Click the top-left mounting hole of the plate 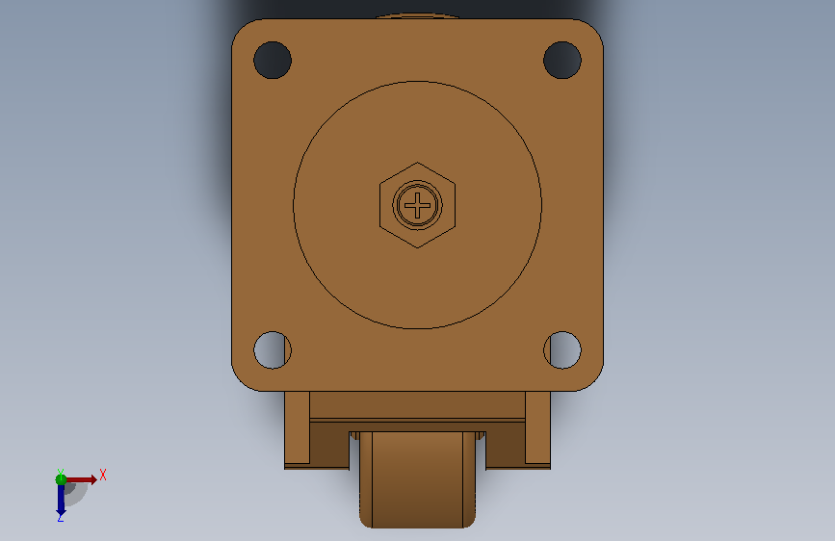273,61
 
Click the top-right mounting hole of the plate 562,61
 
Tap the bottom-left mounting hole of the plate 273,349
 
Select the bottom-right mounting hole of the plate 562,349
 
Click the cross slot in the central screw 418,205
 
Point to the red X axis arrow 81,479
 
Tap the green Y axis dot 61,479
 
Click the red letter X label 103,475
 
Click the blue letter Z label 61,517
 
